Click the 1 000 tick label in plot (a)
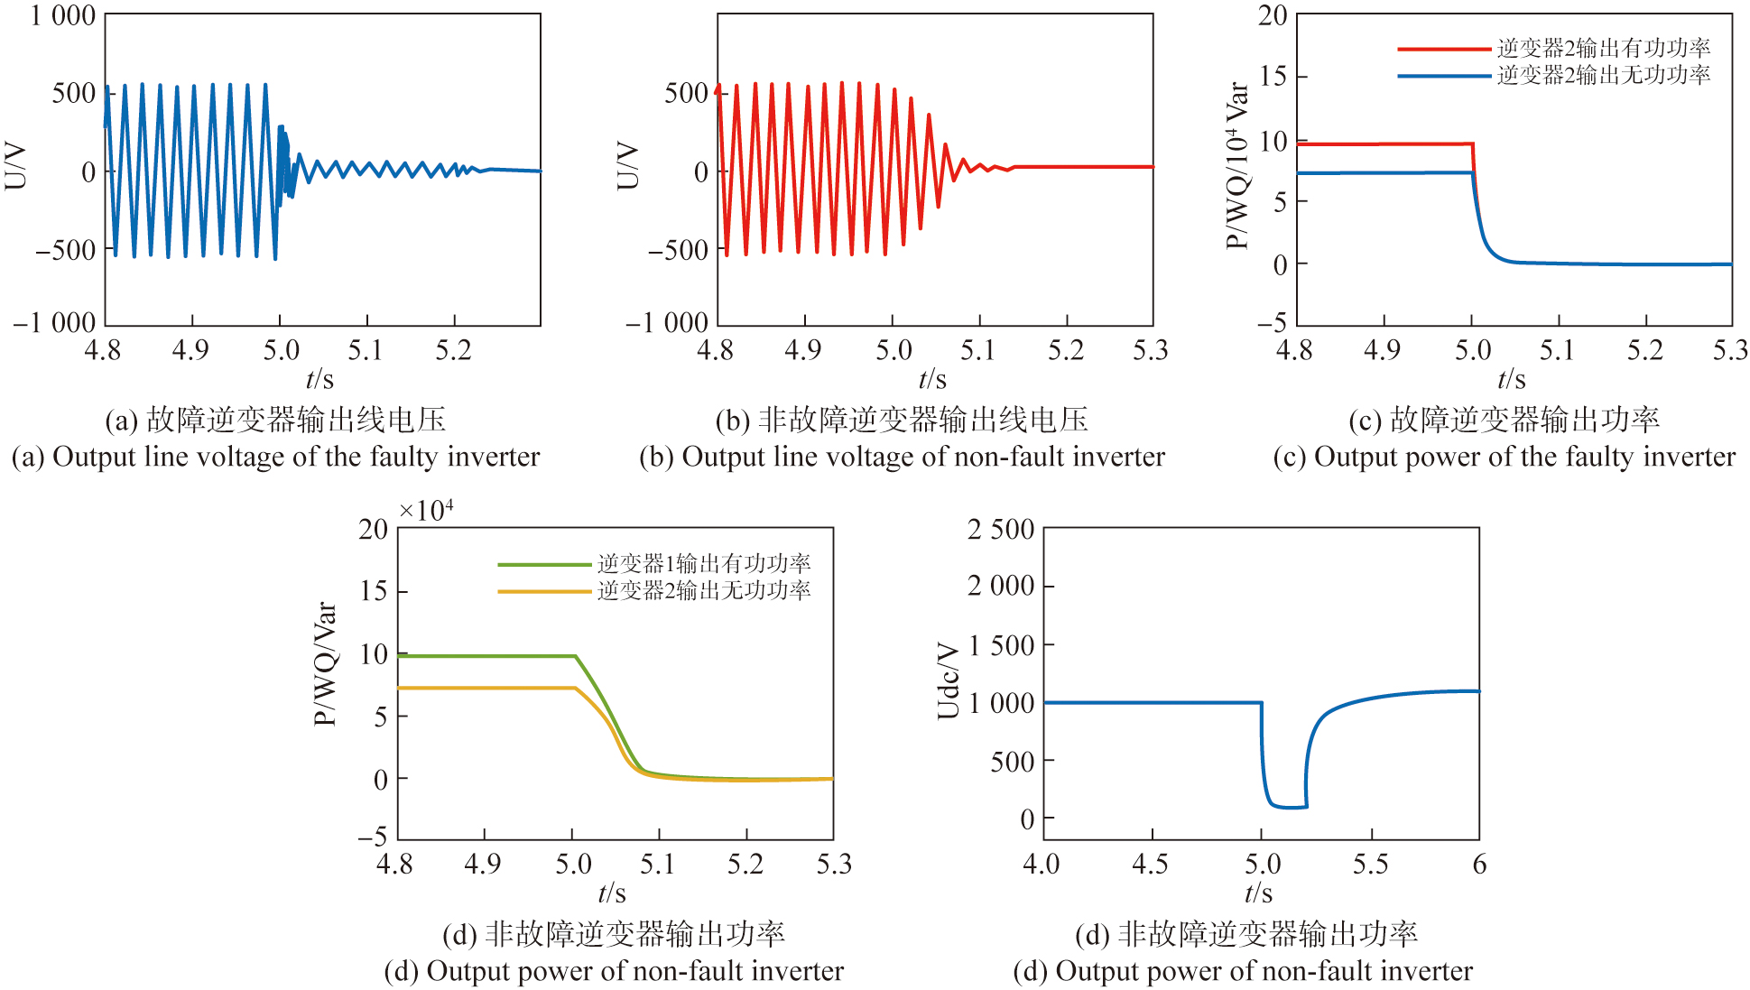(63, 16)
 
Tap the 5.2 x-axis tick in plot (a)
(454, 350)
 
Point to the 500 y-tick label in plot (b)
(686, 93)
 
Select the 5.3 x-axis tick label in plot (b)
(1151, 350)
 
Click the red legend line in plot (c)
(1443, 49)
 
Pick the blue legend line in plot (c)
(1443, 76)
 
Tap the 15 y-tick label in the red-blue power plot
(1273, 77)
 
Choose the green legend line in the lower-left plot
(544, 565)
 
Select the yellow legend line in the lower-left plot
(544, 592)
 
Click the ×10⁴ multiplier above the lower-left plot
(426, 511)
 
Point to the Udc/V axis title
(948, 680)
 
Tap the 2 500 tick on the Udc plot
(1001, 530)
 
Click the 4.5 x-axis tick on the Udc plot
(1151, 865)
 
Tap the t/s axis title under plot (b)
(932, 380)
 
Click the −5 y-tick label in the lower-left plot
(373, 836)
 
